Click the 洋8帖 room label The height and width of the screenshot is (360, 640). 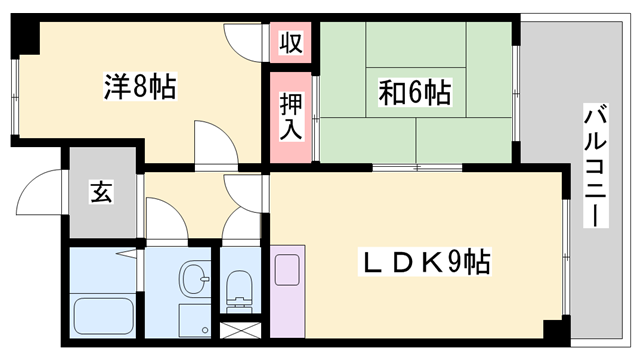pyautogui.click(x=139, y=87)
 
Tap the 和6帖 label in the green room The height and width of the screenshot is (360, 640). pyautogui.click(x=414, y=94)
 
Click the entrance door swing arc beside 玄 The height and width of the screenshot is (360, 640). pyautogui.click(x=46, y=190)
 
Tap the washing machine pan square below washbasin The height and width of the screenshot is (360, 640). pyautogui.click(x=193, y=320)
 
